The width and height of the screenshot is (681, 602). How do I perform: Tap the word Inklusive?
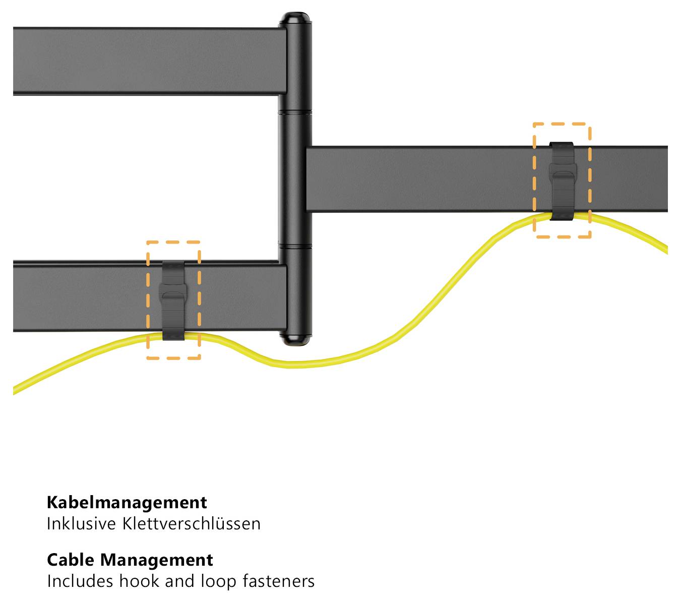(81, 524)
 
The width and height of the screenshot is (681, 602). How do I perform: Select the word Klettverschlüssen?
(191, 524)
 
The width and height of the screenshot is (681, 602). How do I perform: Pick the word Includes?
(80, 581)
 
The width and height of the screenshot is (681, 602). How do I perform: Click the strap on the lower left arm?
(173, 300)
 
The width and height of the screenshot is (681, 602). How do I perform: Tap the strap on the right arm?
(563, 182)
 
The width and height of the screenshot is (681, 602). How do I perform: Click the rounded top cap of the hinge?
(295, 19)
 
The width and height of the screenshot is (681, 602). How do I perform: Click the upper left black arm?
(150, 61)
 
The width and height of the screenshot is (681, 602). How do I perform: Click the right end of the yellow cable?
(666, 250)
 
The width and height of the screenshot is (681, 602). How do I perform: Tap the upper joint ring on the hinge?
(295, 112)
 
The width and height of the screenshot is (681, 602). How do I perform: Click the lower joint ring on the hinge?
(295, 247)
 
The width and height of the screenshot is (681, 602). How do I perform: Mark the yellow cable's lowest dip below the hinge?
(296, 365)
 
